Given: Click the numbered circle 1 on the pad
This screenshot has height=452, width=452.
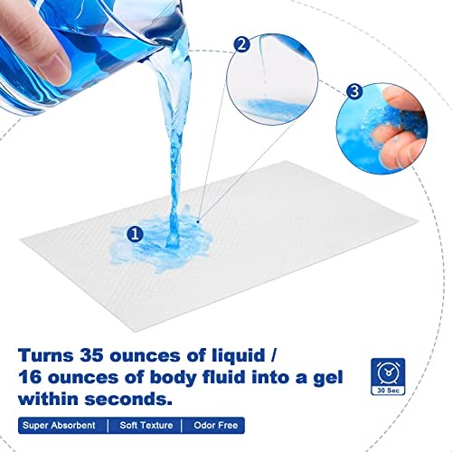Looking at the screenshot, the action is tap(135, 234).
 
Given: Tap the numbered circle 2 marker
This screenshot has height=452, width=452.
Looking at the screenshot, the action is tap(241, 44).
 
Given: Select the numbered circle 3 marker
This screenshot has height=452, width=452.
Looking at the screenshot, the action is tap(354, 90).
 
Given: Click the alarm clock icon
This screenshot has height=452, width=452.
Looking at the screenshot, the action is tap(388, 372).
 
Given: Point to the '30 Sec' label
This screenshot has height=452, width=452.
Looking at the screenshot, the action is tap(388, 391).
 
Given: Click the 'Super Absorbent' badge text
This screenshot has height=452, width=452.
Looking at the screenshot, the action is tap(59, 425).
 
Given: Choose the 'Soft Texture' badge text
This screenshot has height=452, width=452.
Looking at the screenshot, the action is tap(146, 425).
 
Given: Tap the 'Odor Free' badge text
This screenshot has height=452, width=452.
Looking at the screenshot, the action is tap(216, 425).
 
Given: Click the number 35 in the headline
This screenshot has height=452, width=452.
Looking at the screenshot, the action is tap(91, 355).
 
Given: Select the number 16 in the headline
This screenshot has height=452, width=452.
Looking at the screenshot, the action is tap(30, 378).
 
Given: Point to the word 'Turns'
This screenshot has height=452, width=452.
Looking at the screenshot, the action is tap(46, 355).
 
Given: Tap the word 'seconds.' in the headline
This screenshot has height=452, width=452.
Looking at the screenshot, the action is tap(128, 400).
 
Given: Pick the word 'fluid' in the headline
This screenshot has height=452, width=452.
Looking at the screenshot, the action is tap(224, 377).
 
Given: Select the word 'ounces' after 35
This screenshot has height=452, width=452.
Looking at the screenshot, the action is tap(146, 356).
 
